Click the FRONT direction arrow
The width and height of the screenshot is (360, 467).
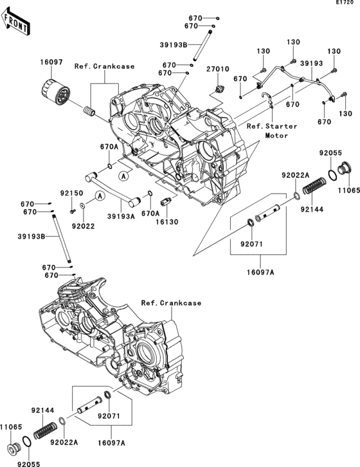click(x=15, y=21)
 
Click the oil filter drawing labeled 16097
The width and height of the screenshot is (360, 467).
click(x=55, y=93)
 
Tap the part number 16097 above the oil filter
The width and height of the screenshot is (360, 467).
click(x=51, y=62)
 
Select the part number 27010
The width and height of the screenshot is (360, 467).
click(x=219, y=69)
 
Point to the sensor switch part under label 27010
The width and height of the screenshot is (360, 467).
click(x=219, y=89)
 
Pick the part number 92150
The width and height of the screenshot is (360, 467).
click(x=72, y=193)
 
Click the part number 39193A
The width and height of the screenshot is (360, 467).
click(x=122, y=217)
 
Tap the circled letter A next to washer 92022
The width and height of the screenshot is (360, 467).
click(x=100, y=196)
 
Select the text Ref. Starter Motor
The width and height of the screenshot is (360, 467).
click(x=272, y=131)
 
